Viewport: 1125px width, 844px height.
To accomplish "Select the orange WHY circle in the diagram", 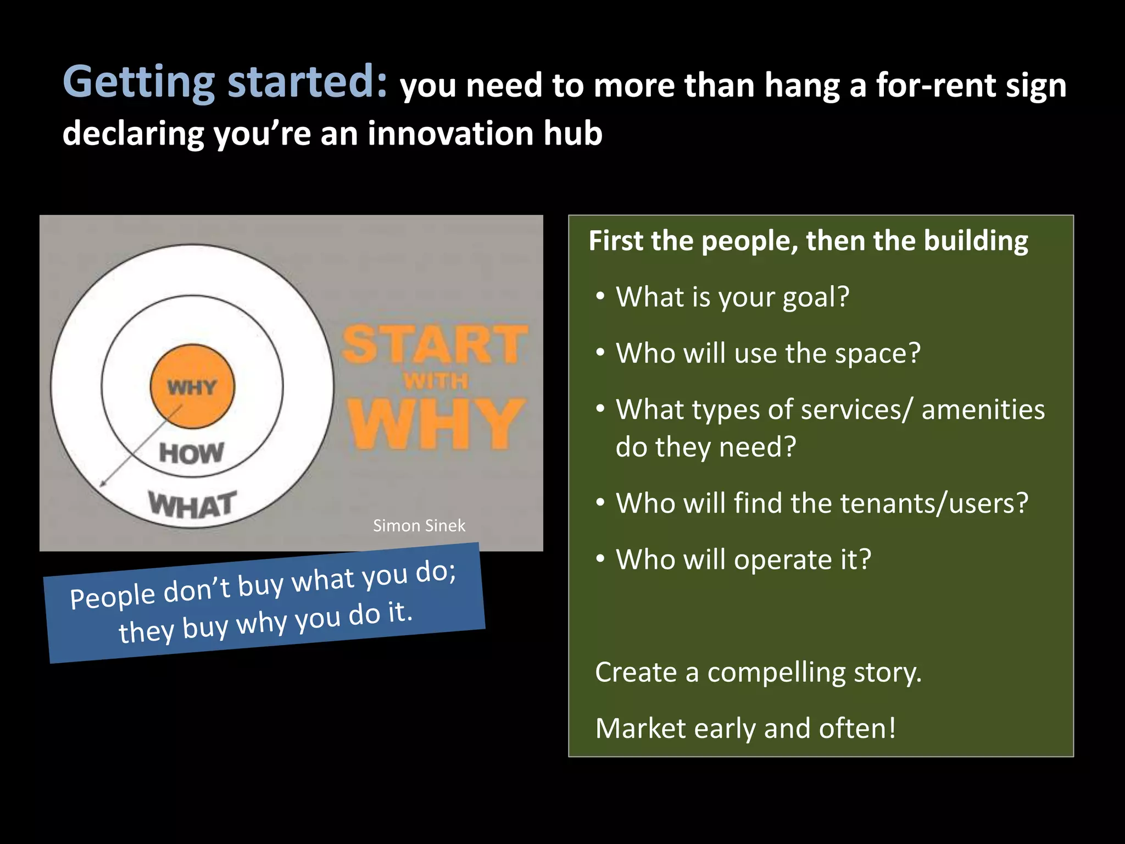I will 192,386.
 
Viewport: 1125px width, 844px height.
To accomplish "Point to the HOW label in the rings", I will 192,454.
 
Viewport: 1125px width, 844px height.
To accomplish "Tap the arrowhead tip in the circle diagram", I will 102,486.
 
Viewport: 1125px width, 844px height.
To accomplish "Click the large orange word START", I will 435,345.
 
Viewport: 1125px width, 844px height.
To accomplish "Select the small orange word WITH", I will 436,381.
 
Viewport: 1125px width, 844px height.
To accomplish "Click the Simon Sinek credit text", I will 419,526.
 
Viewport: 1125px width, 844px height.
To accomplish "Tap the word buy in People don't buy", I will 260,586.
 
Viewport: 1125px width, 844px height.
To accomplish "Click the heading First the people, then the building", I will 808,241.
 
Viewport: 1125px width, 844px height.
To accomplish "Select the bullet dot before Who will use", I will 600,352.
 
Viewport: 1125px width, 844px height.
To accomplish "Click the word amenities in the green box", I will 983,410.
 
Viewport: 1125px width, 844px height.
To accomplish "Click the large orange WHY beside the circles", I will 436,423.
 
